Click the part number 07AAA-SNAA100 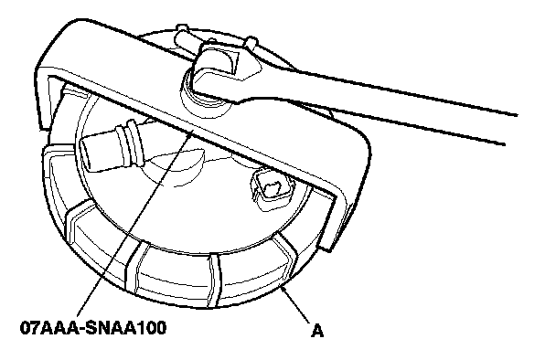point(93,328)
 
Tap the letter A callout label point(317,331)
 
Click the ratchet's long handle point(390,106)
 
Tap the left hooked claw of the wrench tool point(48,102)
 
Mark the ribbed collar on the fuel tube point(132,143)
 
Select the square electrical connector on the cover point(272,188)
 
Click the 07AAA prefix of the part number point(48,328)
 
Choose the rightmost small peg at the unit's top point(251,42)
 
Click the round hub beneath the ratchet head point(205,102)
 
